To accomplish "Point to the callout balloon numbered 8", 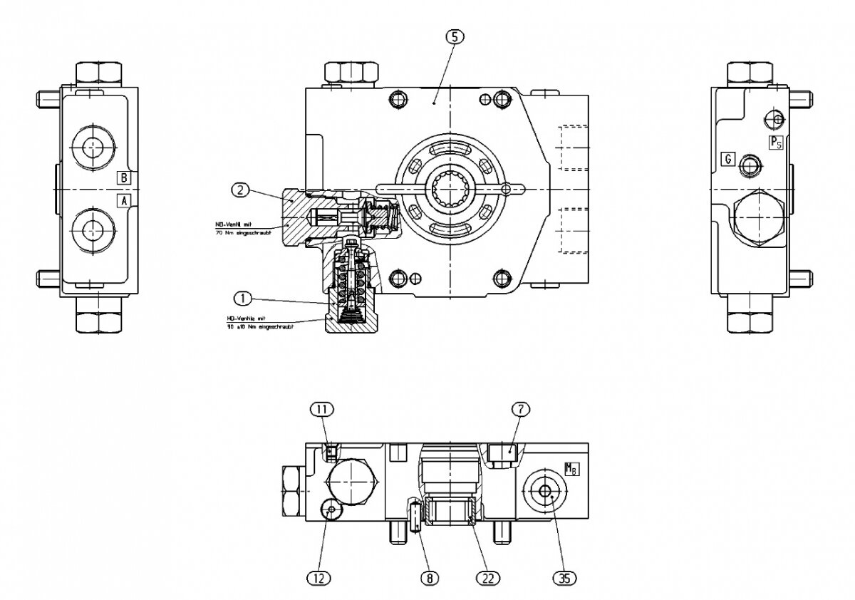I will [429, 578].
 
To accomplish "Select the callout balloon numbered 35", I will [564, 578].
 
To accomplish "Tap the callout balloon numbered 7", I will [522, 408].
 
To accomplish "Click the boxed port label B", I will [124, 177].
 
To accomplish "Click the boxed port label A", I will [124, 200].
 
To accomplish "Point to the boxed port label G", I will [727, 158].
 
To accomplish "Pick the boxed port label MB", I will [571, 469].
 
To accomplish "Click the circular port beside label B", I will [92, 148].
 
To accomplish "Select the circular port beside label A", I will [92, 229].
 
